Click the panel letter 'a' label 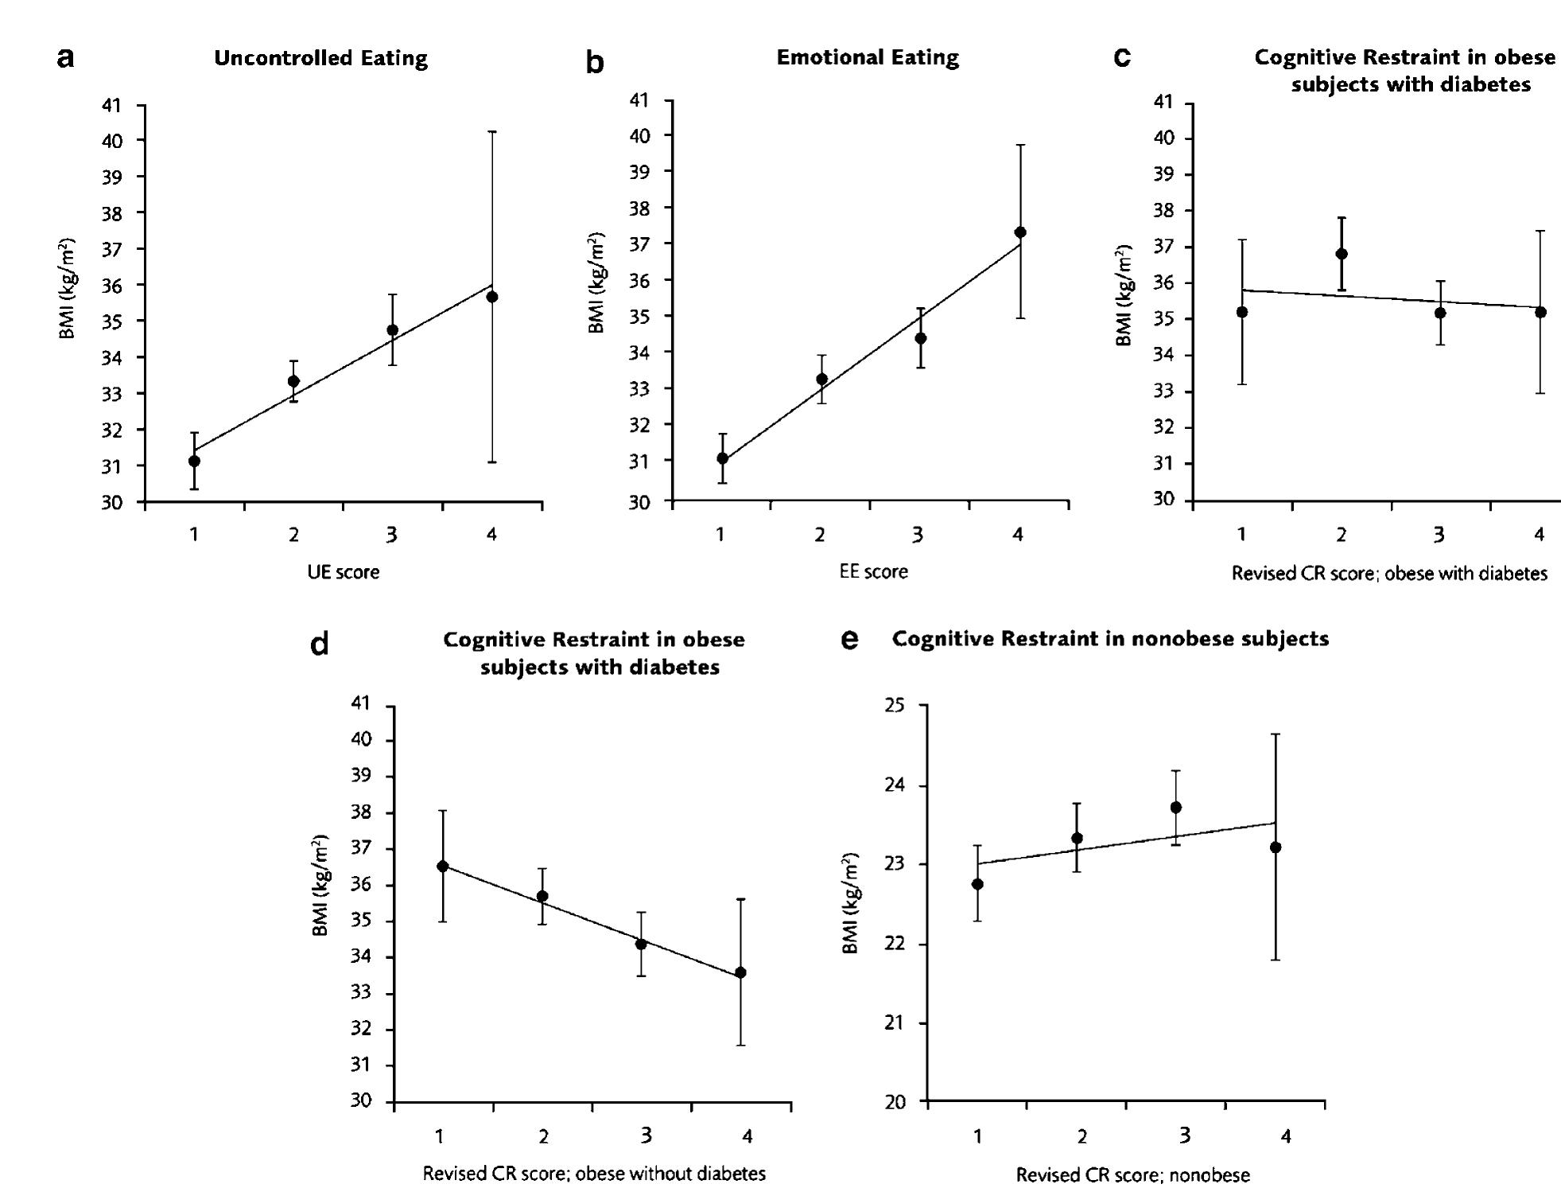pos(66,57)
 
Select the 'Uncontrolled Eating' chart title pos(320,58)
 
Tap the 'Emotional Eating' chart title pos(867,57)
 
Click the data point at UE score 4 pos(492,297)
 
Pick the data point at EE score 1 pos(722,458)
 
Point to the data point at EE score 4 pos(1020,232)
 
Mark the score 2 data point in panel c pos(1342,254)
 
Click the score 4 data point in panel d pos(741,972)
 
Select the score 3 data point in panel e pos(1176,808)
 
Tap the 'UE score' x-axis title pos(344,572)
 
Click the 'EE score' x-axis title pos(873,571)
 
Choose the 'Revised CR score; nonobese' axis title pos(1132,1174)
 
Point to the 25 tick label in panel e pos(905,706)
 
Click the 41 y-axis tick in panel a pos(112,105)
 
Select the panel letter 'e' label pos(849,639)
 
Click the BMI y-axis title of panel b pos(597,282)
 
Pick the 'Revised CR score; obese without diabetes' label pos(594,1173)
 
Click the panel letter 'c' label pos(1122,57)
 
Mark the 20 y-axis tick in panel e pos(905,1102)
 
